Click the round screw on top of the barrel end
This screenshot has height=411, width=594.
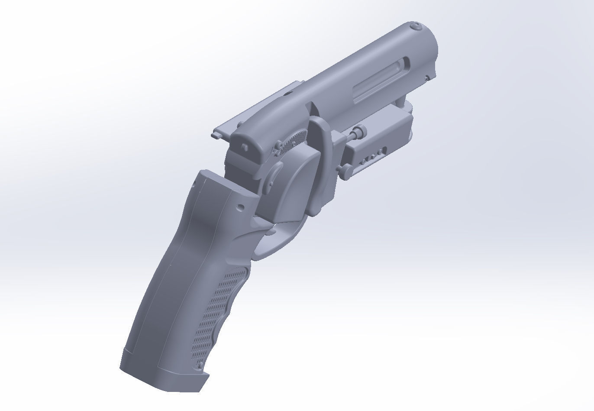click(416, 27)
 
